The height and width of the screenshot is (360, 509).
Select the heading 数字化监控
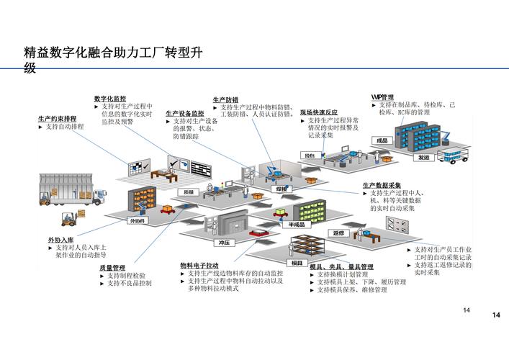[109, 98]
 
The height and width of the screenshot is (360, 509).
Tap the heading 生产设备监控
[184, 113]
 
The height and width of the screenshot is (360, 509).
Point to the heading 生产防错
[225, 99]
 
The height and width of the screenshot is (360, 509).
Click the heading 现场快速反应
[318, 112]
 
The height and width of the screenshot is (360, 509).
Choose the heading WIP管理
[382, 96]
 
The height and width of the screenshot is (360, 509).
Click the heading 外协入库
[61, 239]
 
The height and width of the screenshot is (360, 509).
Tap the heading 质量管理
[112, 267]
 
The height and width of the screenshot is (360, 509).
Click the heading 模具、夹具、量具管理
[341, 266]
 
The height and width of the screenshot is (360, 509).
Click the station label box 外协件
[137, 221]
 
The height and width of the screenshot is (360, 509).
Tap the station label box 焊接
[281, 189]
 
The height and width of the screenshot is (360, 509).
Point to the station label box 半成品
[297, 225]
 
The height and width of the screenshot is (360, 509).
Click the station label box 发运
[423, 156]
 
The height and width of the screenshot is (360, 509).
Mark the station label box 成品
[382, 140]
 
